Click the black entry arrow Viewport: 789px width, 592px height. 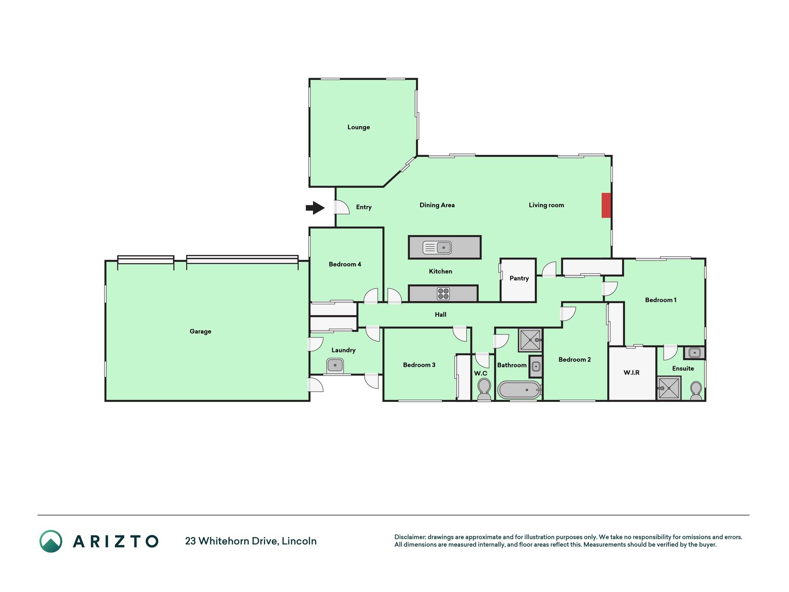click(x=315, y=208)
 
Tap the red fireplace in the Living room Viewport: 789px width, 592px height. click(x=606, y=205)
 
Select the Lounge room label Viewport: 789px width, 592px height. click(x=359, y=127)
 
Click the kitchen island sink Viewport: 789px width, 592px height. click(x=437, y=247)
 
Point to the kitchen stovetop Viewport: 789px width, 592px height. click(x=443, y=294)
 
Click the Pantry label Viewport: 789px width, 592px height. click(x=519, y=278)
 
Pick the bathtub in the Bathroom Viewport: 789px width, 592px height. click(x=519, y=390)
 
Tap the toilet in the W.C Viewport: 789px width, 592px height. click(x=484, y=389)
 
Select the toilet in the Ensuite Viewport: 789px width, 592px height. click(x=696, y=391)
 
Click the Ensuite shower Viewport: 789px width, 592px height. click(x=669, y=388)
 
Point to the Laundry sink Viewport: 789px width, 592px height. click(x=335, y=365)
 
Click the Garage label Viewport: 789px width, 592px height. click(x=200, y=332)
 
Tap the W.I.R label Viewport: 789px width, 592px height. click(x=631, y=372)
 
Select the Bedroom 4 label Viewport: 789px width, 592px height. click(x=345, y=265)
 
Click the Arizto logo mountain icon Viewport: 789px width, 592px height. click(x=51, y=541)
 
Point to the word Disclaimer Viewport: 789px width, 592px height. click(x=410, y=537)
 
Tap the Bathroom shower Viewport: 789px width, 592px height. click(x=530, y=340)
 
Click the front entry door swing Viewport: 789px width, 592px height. click(x=342, y=207)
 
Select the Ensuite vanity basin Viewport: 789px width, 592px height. click(x=694, y=353)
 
